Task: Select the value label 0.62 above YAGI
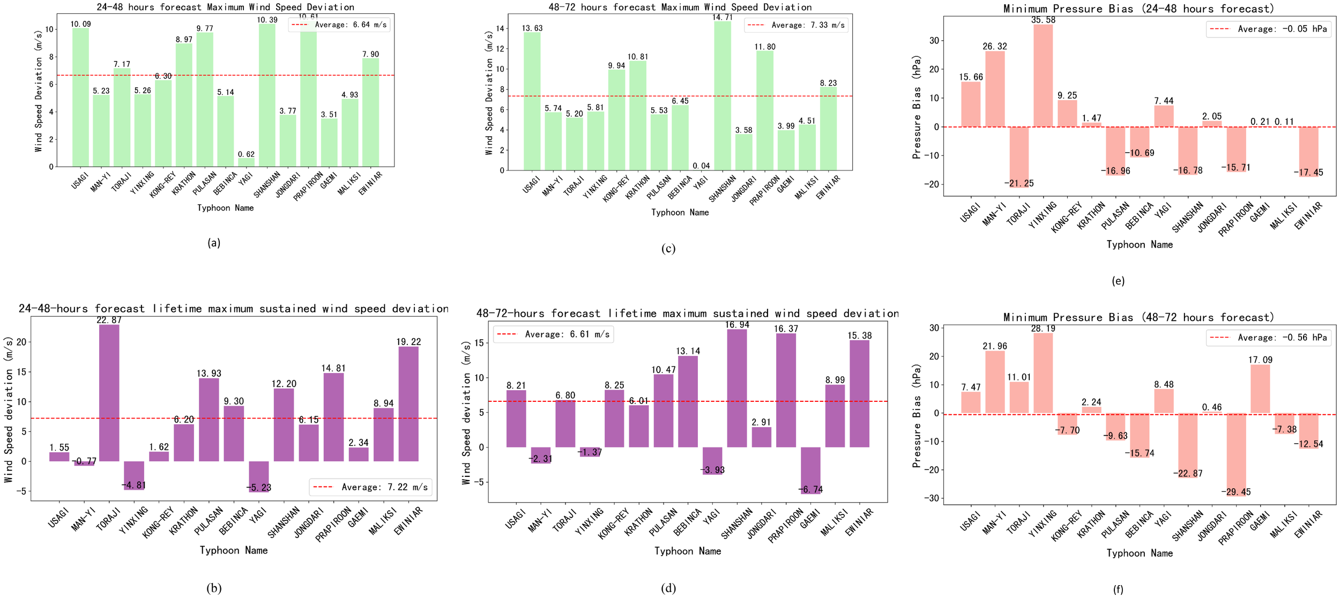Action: pyautogui.click(x=247, y=154)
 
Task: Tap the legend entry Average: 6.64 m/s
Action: pyautogui.click(x=339, y=25)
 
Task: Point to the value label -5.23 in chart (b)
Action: pyautogui.click(x=259, y=488)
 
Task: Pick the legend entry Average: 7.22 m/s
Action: pyautogui.click(x=371, y=487)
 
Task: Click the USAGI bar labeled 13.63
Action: pyautogui.click(x=532, y=101)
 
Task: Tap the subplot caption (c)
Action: pyautogui.click(x=668, y=249)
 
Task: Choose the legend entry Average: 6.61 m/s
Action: pyautogui.click(x=554, y=334)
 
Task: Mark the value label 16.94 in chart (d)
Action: pyautogui.click(x=737, y=325)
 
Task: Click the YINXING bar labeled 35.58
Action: pyautogui.click(x=1043, y=76)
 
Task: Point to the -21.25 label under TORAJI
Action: pyautogui.click(x=1019, y=183)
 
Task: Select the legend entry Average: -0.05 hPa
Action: pyautogui.click(x=1268, y=29)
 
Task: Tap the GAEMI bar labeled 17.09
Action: pyautogui.click(x=1260, y=389)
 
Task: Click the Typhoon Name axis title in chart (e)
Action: pyautogui.click(x=1140, y=244)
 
